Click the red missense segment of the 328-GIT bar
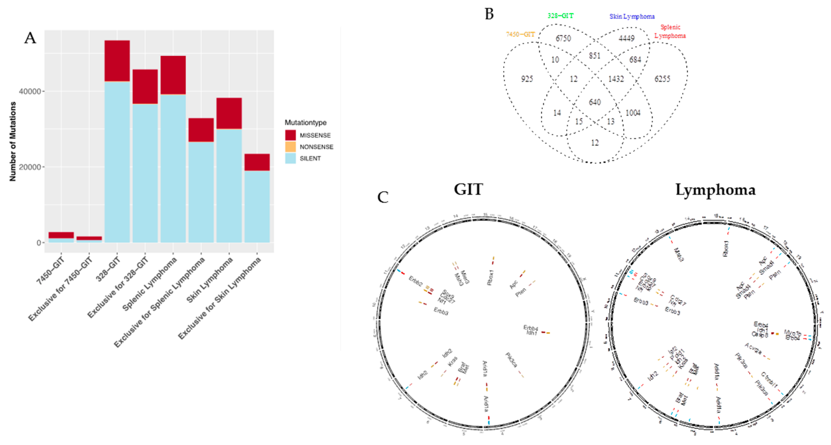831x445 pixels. [x=117, y=61]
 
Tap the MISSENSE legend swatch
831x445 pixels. [x=290, y=135]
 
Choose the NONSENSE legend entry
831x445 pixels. [x=316, y=147]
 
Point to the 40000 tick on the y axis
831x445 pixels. [x=30, y=91]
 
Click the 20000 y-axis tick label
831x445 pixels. [x=30, y=167]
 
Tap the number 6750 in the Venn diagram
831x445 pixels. [x=563, y=38]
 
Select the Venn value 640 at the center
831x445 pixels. [x=595, y=102]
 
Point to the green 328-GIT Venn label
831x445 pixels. [x=560, y=15]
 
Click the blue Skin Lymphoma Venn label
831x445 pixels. [x=632, y=16]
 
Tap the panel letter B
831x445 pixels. [x=489, y=14]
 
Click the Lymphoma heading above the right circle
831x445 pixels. [x=715, y=190]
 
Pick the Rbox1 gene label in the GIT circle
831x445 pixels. [x=490, y=277]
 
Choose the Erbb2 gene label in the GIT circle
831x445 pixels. [x=415, y=281]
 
